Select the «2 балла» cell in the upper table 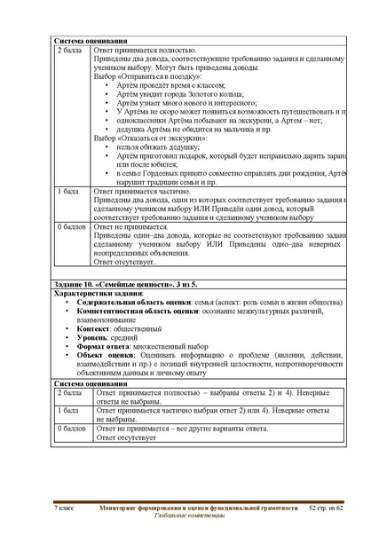point(69,51)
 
